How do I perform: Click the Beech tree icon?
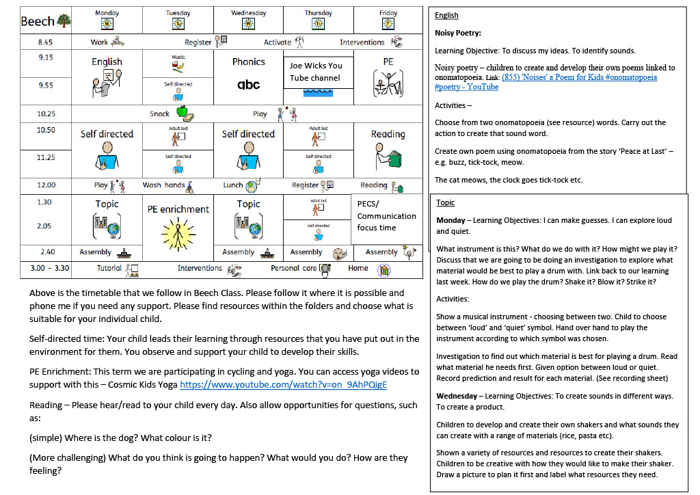pos(64,21)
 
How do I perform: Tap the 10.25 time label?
pos(46,114)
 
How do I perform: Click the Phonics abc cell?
pos(248,74)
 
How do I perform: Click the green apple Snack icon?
pos(182,112)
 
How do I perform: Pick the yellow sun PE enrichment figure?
pos(179,232)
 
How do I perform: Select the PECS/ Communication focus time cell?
pos(386,215)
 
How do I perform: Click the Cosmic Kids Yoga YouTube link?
pos(283,384)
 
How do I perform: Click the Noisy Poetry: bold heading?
pos(457,33)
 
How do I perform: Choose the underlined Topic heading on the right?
pos(445,203)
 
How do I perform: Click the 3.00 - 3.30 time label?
pos(50,268)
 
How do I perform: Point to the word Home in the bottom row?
pos(358,268)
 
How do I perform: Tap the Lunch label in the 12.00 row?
pos(233,185)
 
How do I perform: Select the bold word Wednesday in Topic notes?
pos(461,396)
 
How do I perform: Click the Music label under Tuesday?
pos(178,57)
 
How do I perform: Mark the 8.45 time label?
pos(46,42)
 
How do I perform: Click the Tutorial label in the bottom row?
pos(109,268)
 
